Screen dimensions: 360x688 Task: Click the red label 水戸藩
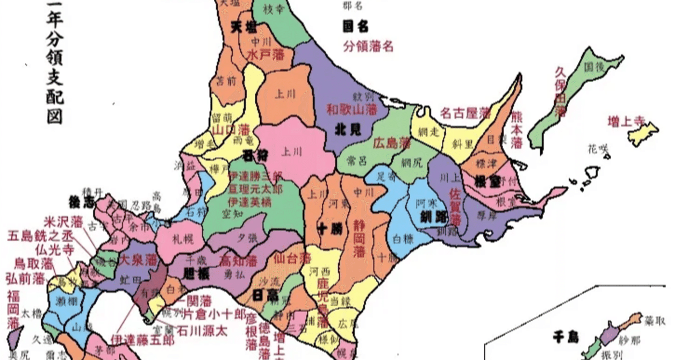point(266,55)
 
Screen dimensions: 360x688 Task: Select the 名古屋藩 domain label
point(465,113)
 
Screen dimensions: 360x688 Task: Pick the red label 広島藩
point(391,143)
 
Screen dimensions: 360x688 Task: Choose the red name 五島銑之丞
point(41,236)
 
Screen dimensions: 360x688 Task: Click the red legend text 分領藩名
point(368,46)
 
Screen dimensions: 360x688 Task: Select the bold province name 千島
point(565,337)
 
